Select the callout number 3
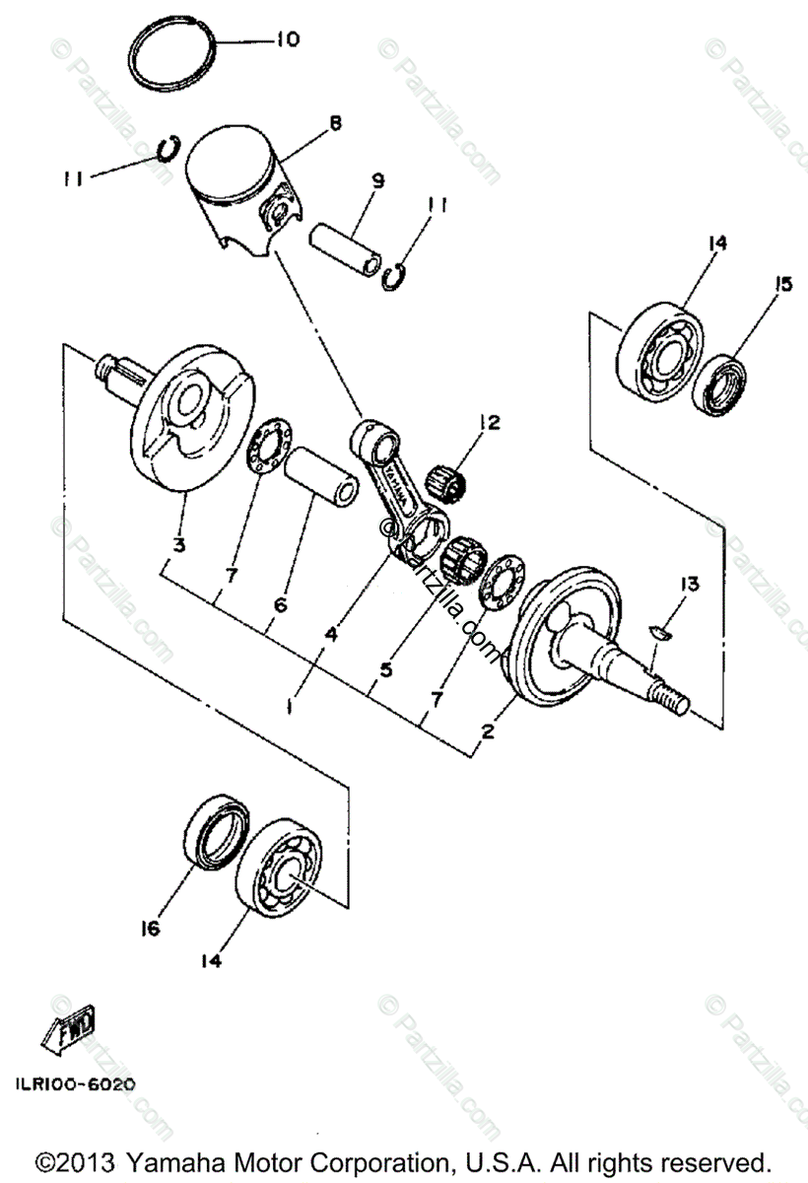[x=177, y=543]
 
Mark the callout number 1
[x=288, y=706]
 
